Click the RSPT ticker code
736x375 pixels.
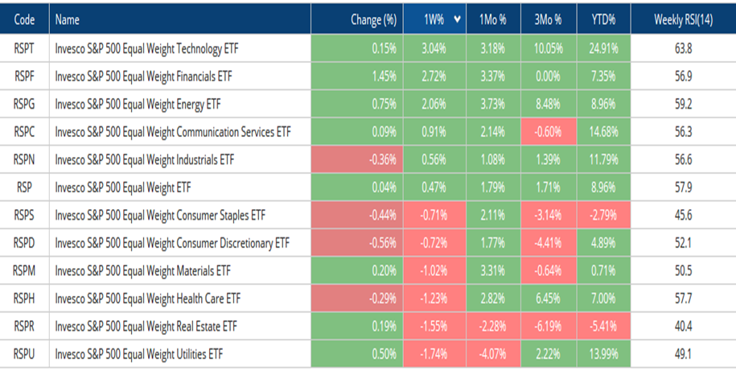[x=24, y=48]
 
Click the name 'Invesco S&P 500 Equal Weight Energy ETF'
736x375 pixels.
[x=138, y=104]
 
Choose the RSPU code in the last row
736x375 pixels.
[x=24, y=354]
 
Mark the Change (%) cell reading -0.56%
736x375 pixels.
[x=381, y=243]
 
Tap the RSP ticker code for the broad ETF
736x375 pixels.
[x=24, y=187]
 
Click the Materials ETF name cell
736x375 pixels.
[x=142, y=271]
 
